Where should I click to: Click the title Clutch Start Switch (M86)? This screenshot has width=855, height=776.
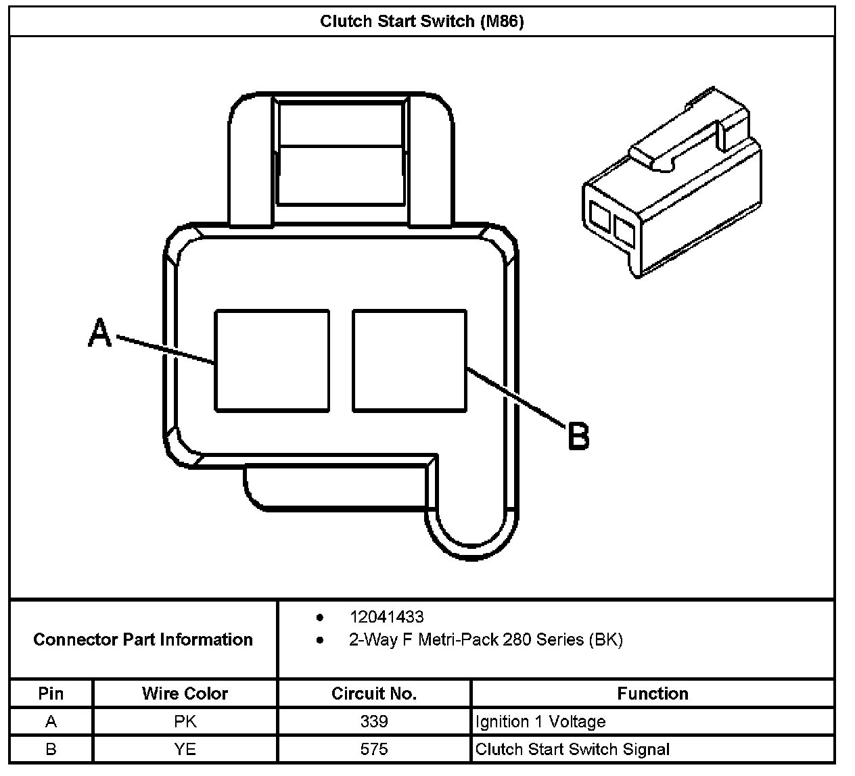pos(421,22)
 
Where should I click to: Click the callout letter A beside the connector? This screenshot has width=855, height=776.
pos(100,333)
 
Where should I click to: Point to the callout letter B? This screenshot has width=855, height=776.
pos(578,436)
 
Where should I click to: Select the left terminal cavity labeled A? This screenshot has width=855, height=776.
pos(272,360)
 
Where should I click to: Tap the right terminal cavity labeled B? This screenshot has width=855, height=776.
pos(409,360)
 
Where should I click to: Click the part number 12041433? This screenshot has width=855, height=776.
pos(386,616)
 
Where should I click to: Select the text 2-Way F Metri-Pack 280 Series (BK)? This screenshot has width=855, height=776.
pos(485,639)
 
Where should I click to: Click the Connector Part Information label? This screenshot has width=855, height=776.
pos(143,639)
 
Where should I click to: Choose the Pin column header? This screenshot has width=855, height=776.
pos(51,694)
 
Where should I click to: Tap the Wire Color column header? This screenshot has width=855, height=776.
pos(185,694)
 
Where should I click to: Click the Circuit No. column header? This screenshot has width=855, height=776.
pos(373,694)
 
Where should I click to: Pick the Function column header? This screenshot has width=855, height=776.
pos(652,694)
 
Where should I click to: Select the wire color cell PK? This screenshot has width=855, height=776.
pos(185,721)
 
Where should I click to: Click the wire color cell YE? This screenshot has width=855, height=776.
pos(185,749)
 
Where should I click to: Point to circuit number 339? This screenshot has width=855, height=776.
pos(373,721)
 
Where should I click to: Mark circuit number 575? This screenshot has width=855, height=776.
pos(373,749)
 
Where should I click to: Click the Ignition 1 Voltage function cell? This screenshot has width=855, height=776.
pos(540,721)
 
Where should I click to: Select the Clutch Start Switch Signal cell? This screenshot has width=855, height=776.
pos(572,749)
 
